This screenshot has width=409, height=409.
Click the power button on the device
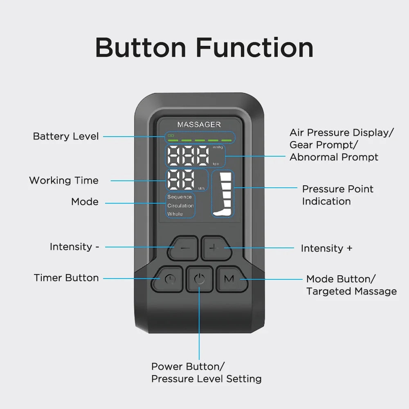199,279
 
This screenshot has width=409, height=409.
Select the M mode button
230,279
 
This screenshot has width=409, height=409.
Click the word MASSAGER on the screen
199,124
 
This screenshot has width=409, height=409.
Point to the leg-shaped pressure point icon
223,194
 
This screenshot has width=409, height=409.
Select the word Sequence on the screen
180,197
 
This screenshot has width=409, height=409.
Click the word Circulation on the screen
180,206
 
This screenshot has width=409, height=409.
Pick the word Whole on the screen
175,214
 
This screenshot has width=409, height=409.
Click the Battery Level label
66,136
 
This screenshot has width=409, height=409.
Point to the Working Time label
64,180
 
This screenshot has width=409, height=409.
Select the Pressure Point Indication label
337,195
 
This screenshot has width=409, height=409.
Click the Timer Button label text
66,278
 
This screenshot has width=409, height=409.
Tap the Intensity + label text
326,248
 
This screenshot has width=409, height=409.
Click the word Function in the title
254,48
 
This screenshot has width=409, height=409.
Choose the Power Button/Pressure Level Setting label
206,373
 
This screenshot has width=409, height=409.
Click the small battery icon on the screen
171,135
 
